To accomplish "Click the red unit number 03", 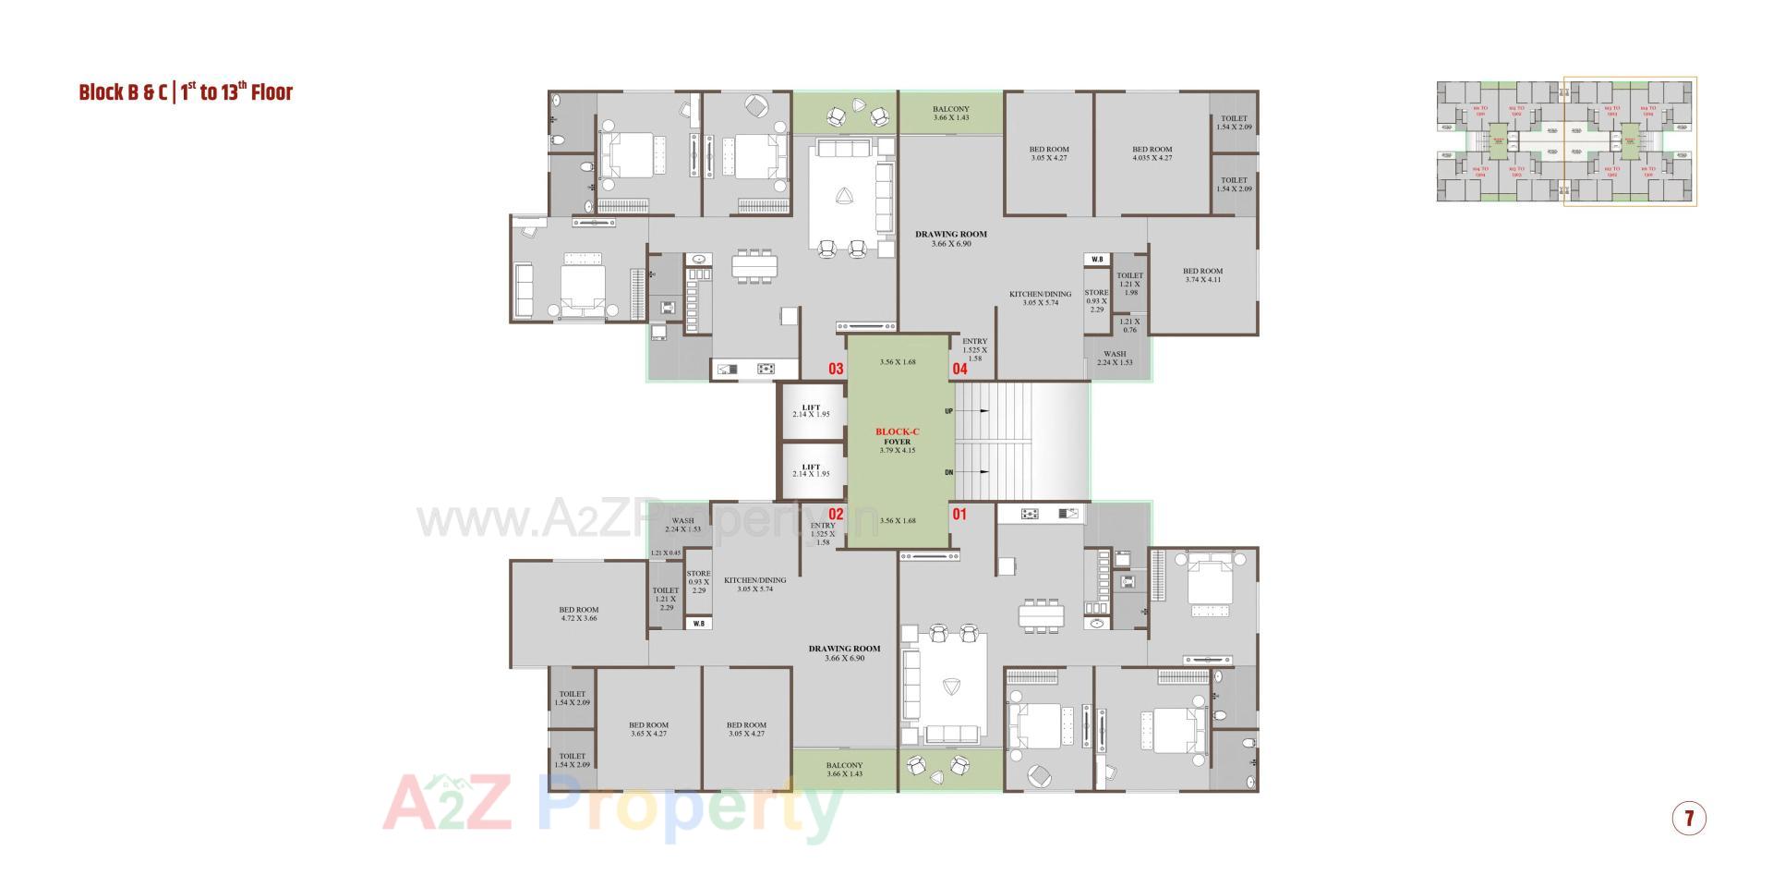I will click(836, 369).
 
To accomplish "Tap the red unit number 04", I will click(960, 369).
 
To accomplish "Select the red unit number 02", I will click(836, 515).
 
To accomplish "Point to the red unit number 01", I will click(959, 514).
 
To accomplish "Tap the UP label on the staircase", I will click(948, 410).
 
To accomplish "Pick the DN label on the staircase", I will click(948, 472).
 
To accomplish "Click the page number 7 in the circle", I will click(1689, 818).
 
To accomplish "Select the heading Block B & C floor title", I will click(186, 92).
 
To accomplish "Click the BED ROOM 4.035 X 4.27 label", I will click(1152, 153).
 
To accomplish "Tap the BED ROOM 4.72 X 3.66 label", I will click(579, 614).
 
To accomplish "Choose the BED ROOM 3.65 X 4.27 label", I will click(648, 729).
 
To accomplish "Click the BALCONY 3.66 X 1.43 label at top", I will click(950, 113).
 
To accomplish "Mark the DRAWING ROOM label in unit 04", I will click(951, 238).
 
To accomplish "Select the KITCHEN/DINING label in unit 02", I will click(754, 584).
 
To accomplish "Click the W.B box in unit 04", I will click(1097, 260).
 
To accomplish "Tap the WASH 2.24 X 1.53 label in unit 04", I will click(1115, 358).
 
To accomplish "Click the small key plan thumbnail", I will click(1565, 140).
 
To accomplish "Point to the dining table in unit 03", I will click(754, 265).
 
